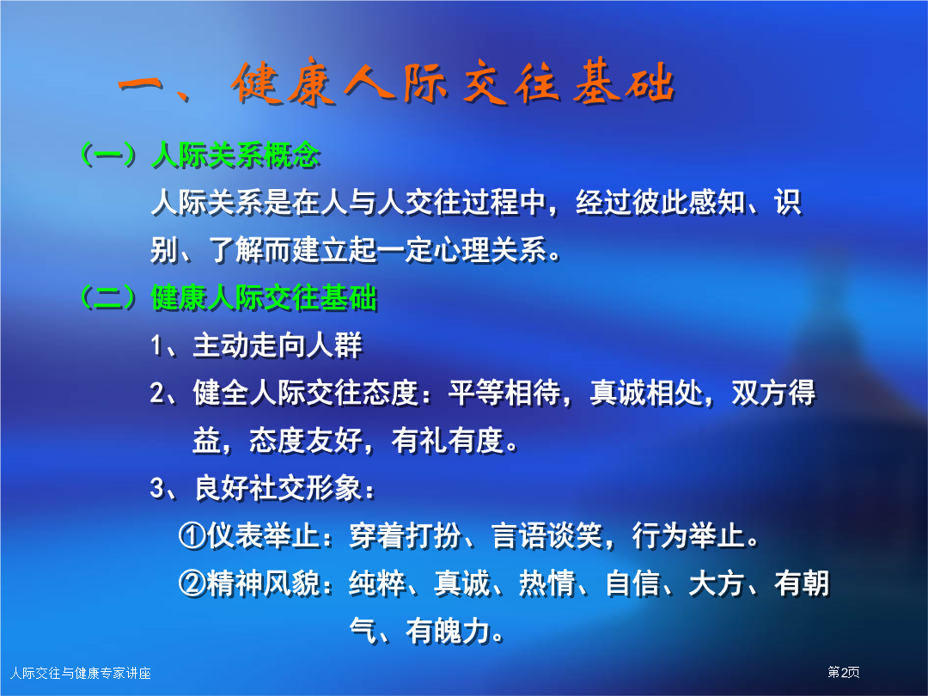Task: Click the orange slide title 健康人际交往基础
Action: coord(454,82)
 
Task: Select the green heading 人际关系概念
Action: coord(235,156)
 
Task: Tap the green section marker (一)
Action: coord(109,156)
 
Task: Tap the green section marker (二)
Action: coord(109,297)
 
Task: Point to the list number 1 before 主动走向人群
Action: coord(156,345)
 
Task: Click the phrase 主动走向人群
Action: coord(278,345)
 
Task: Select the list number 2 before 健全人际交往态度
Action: coord(157,393)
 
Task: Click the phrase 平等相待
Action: coord(504,393)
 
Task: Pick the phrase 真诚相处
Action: coord(646,393)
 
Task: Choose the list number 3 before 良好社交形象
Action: coord(157,488)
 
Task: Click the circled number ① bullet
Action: coord(192,535)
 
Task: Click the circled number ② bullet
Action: coord(192,583)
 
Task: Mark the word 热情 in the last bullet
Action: coord(547,583)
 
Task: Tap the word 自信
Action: coord(632,583)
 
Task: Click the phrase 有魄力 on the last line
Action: coord(448,631)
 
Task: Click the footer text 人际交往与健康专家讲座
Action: coord(81,673)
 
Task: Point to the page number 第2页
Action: coord(844,672)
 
